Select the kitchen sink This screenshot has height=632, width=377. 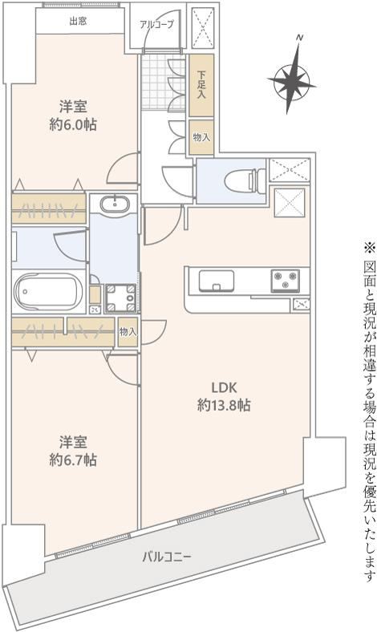[217, 280]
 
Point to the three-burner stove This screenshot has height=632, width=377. [286, 280]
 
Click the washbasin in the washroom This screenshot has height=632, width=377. [115, 203]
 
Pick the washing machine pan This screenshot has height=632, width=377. [121, 298]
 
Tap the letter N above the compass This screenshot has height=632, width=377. [299, 38]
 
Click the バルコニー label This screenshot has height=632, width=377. [167, 557]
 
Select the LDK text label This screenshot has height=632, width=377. [224, 387]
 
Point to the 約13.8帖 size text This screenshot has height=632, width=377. [224, 405]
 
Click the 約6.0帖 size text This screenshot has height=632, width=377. [73, 125]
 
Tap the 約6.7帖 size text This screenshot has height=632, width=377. [73, 460]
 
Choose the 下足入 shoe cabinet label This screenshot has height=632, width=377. [201, 85]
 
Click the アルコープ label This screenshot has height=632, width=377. [157, 25]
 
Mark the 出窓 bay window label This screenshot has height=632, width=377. [78, 21]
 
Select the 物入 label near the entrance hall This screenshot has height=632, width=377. [201, 137]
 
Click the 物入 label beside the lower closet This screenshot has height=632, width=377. [128, 332]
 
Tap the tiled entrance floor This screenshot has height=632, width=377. [156, 82]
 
